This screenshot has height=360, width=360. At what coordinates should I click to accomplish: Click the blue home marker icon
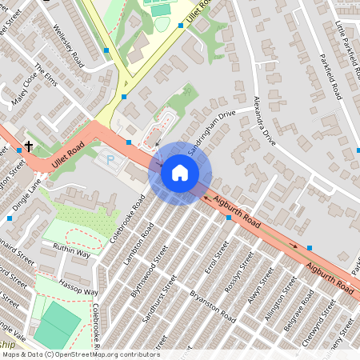pyautogui.click(x=180, y=173)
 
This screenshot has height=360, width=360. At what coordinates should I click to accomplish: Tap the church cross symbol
pyautogui.click(x=29, y=147)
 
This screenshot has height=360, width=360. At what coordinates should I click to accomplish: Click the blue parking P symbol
pyautogui.click(x=110, y=160)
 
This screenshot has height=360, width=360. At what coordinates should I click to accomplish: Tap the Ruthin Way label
pyautogui.click(x=72, y=251)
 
